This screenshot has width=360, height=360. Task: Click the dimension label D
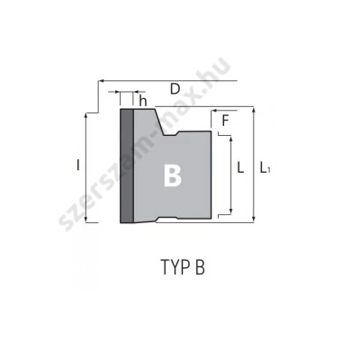point(175,89)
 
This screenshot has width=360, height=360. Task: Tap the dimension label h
point(143,101)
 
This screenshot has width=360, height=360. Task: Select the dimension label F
point(225,121)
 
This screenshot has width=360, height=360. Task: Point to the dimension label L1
point(265,167)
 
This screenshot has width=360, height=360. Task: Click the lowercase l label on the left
point(78,165)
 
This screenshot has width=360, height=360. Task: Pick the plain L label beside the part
point(240,167)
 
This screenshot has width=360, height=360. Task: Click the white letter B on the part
point(173,175)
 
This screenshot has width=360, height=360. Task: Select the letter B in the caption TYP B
point(200,266)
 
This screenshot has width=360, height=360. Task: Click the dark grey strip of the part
point(127,166)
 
